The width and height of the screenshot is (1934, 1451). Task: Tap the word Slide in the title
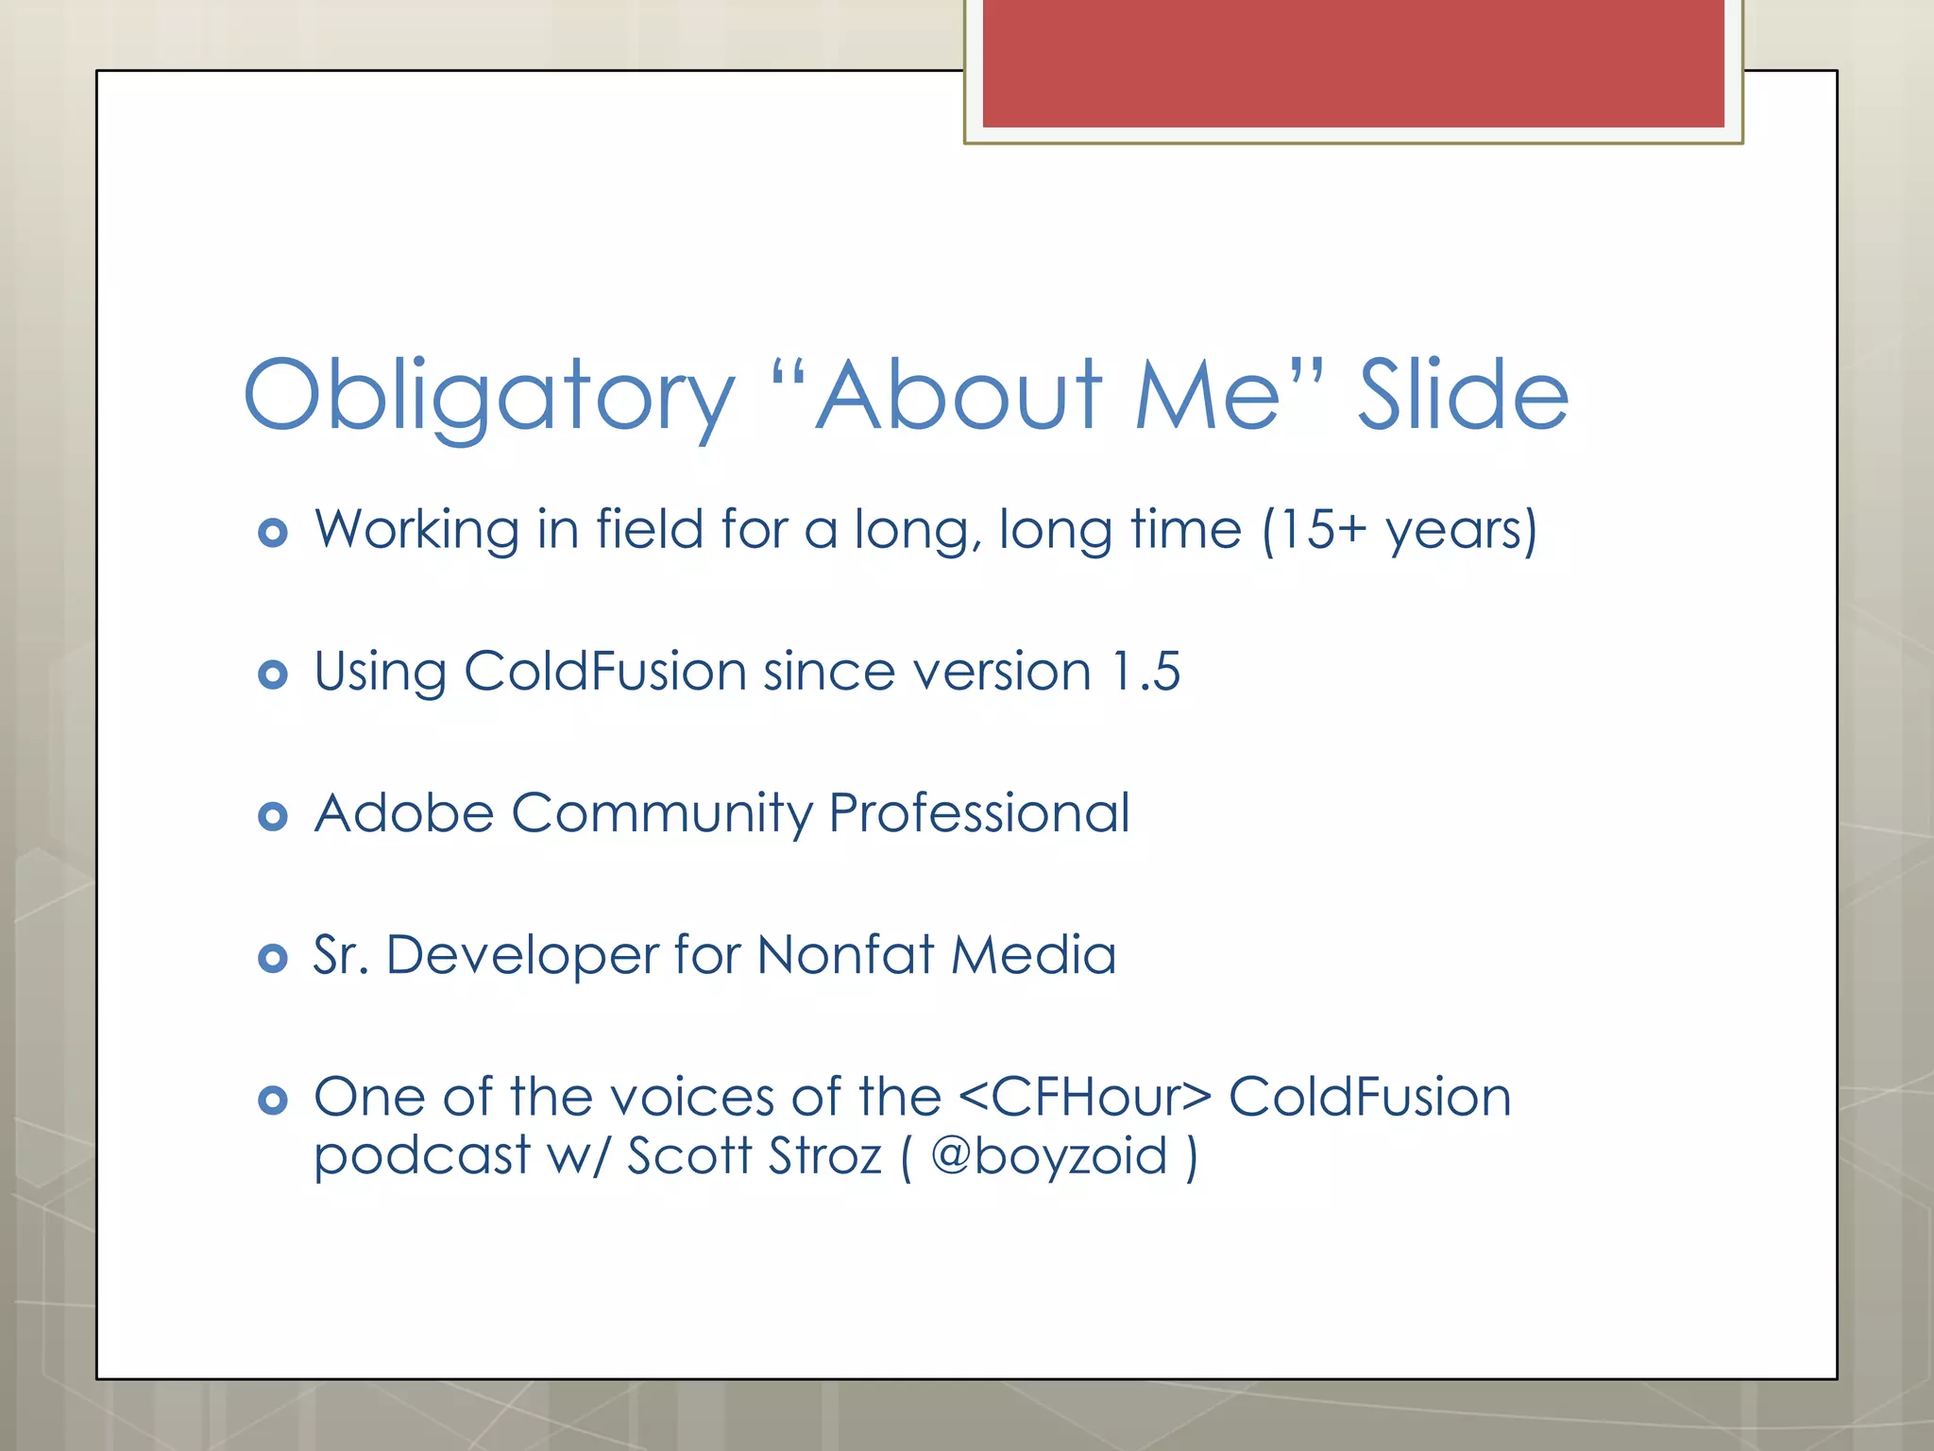click(1463, 395)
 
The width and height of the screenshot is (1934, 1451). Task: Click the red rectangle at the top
click(1352, 62)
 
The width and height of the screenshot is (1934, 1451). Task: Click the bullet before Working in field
click(273, 533)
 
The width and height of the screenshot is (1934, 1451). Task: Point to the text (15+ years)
click(1400, 530)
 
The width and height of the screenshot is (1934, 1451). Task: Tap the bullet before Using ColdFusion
click(273, 674)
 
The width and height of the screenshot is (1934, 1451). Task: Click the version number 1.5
click(1145, 672)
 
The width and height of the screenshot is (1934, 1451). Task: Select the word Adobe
click(404, 813)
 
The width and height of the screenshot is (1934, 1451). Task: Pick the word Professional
click(978, 813)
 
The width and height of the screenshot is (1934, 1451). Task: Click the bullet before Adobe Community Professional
click(273, 816)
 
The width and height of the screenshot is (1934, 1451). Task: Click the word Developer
click(521, 955)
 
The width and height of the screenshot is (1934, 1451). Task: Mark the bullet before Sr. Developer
click(273, 959)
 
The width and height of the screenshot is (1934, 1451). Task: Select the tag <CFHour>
click(1084, 1098)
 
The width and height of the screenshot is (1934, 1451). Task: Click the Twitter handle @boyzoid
click(1049, 1156)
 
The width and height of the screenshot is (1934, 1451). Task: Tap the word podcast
click(422, 1156)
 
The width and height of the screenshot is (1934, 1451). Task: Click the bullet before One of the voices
click(273, 1101)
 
